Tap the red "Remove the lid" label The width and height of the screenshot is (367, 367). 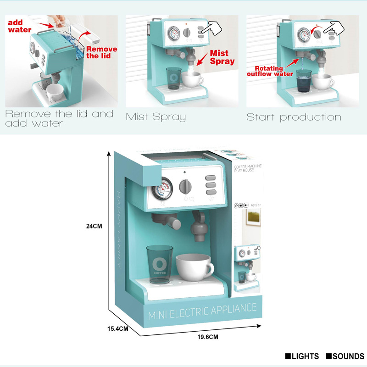(x=101, y=52)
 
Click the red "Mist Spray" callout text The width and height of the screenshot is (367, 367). (x=222, y=57)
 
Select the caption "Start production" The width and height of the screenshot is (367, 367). (x=294, y=117)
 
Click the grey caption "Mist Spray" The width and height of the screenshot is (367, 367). (x=156, y=117)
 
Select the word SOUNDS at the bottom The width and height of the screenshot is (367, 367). (x=348, y=356)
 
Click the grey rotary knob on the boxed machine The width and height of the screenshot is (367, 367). (x=185, y=186)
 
